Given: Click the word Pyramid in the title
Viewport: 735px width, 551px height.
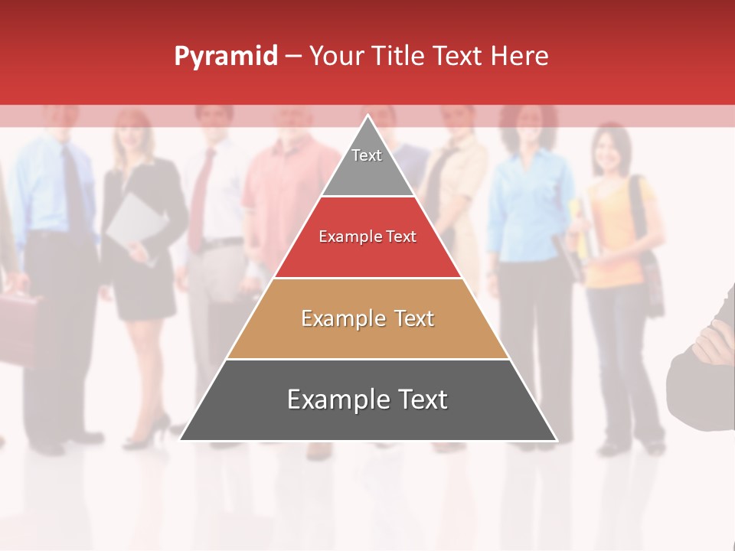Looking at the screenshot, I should tap(225, 57).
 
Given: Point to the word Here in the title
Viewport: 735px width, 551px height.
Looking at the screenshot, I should tap(519, 57).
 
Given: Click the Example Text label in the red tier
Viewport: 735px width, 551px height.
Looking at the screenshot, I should tap(367, 236).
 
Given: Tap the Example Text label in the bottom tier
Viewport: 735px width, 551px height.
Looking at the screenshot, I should tap(367, 399).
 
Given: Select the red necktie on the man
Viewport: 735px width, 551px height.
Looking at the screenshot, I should tap(201, 199).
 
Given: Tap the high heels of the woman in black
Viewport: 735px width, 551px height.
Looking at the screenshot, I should tap(149, 432).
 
